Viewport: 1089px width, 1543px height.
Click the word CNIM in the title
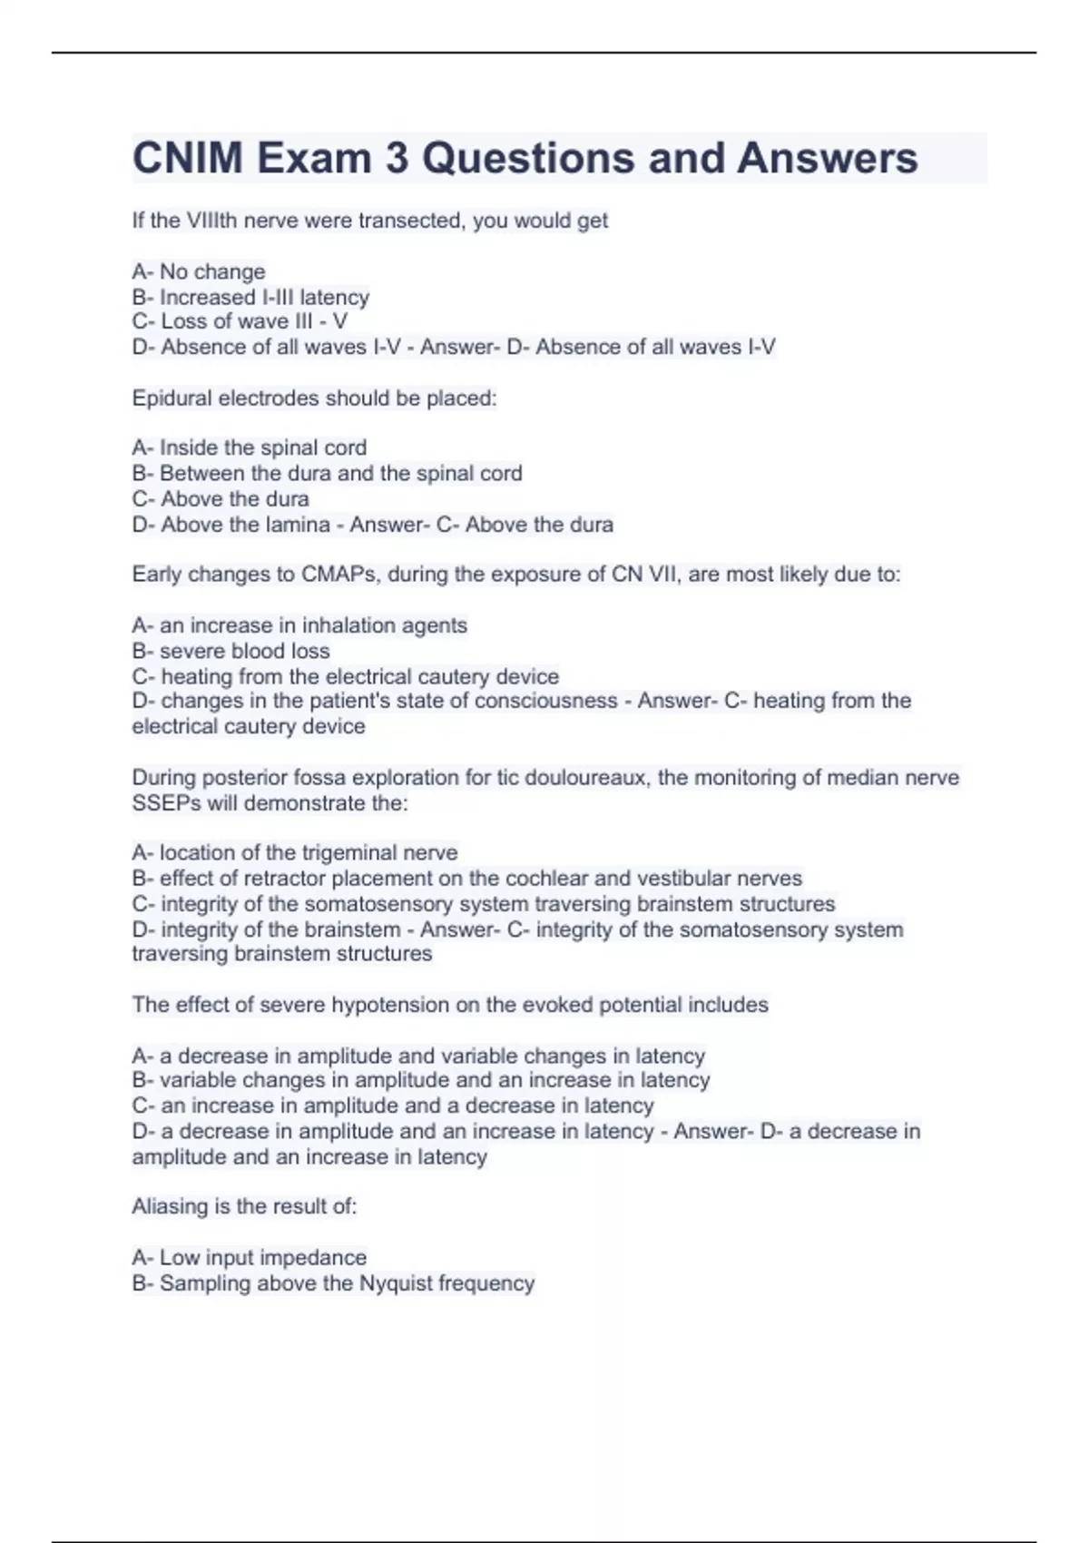tap(188, 158)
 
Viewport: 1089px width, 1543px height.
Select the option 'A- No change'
tap(199, 271)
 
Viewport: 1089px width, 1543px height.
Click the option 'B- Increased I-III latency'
tap(250, 297)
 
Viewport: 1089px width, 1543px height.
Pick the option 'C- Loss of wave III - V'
tap(240, 321)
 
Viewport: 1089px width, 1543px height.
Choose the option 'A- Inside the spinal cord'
tap(250, 447)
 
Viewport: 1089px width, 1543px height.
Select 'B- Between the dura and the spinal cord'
tap(327, 473)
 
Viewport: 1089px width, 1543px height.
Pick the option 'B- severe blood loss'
tap(231, 651)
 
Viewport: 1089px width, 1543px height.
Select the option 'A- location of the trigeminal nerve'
tap(295, 852)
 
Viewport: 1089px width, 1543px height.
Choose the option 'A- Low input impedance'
tap(250, 1257)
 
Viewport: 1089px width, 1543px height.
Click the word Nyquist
tap(396, 1283)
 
